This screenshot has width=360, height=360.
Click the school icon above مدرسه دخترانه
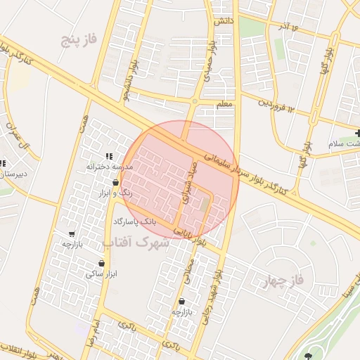coord(108,156)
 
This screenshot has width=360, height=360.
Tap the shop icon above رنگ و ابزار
coord(115,183)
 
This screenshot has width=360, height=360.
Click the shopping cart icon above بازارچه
coord(72,234)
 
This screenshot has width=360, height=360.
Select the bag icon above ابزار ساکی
coord(102,263)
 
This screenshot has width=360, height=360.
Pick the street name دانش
coord(224,22)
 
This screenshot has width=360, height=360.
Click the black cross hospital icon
coord(358,133)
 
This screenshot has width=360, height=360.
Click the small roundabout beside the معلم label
coord(195,101)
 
